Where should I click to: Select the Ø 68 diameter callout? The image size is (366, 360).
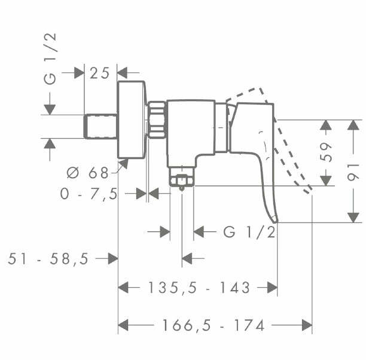(x=88, y=174)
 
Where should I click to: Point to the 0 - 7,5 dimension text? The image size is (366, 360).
(x=88, y=193)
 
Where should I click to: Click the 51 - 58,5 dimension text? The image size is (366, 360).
(x=48, y=258)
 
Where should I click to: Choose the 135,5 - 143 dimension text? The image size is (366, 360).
(x=198, y=288)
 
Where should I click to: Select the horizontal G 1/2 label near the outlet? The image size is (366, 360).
(x=249, y=231)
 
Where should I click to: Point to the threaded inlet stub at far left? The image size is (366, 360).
(x=100, y=125)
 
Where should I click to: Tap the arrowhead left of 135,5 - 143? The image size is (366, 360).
(x=124, y=288)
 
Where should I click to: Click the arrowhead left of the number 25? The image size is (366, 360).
(x=78, y=73)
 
